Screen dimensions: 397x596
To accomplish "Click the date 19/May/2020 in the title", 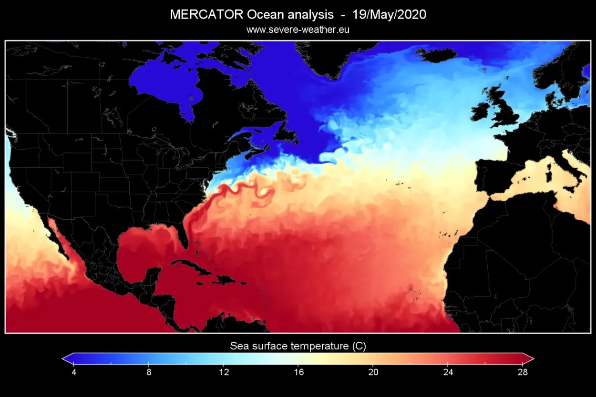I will [x=389, y=15].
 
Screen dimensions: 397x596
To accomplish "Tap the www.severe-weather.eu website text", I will [x=298, y=30].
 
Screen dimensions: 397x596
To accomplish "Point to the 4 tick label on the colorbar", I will [x=74, y=372].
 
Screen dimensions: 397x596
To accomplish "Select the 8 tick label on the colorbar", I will [x=149, y=372].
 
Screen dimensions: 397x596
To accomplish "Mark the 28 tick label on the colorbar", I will [x=523, y=372].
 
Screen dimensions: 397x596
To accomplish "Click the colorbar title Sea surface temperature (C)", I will [x=298, y=346].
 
